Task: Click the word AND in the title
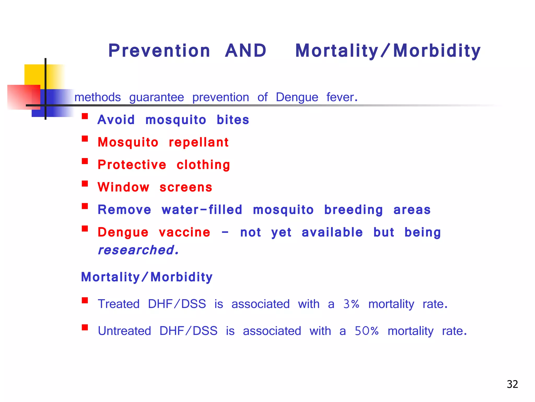pyautogui.click(x=246, y=51)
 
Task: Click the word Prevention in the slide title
pyautogui.click(x=159, y=51)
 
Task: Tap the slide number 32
pyautogui.click(x=512, y=384)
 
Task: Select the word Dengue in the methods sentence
pyautogui.click(x=297, y=97)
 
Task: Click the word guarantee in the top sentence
pyautogui.click(x=156, y=97)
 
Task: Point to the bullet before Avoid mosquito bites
pyautogui.click(x=85, y=116)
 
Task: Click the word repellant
pyautogui.click(x=199, y=142)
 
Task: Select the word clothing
pyautogui.click(x=203, y=165)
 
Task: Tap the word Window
pyautogui.click(x=123, y=187)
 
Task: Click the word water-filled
pyautogui.click(x=202, y=210)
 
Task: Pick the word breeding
pyautogui.click(x=353, y=210)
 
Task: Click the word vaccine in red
pyautogui.click(x=184, y=232)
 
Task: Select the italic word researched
pyautogui.click(x=138, y=250)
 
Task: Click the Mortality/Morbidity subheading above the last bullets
pyautogui.click(x=147, y=277)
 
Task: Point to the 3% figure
pyautogui.click(x=351, y=304)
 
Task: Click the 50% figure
pyautogui.click(x=367, y=331)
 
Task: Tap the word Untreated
pyautogui.click(x=124, y=331)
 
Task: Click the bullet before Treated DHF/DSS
pyautogui.click(x=85, y=300)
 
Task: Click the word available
pyautogui.click(x=332, y=232)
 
